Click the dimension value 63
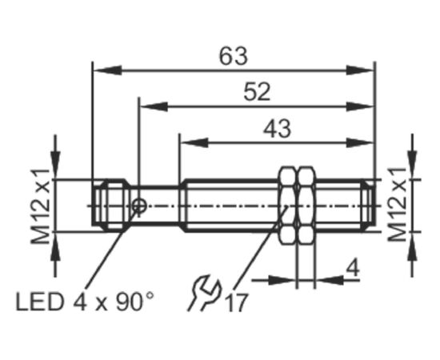[234, 56]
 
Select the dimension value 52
[257, 91]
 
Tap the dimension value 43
[277, 129]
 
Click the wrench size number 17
[237, 302]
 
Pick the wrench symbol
[204, 293]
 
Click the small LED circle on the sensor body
[139, 206]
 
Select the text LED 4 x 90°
[85, 302]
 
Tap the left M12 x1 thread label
[41, 206]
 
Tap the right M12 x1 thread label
[397, 204]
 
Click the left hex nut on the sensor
[287, 205]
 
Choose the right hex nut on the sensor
[306, 205]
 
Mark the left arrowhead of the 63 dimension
[107, 70]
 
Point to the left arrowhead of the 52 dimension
[154, 106]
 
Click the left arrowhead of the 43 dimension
[194, 143]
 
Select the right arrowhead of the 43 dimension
[361, 143]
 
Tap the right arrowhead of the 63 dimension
[361, 70]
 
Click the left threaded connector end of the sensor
[110, 205]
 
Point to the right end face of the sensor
[374, 205]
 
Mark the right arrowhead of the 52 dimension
[361, 106]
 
